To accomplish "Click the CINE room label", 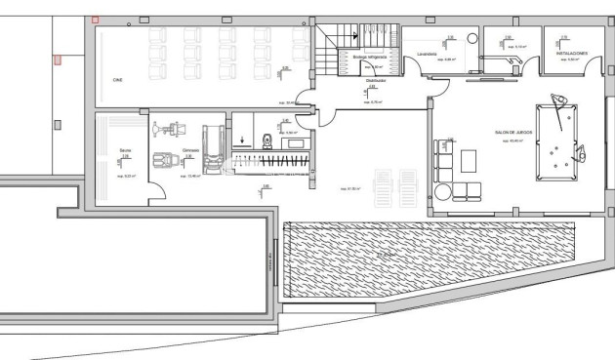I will point(117,80).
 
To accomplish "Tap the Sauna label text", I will point(125,150).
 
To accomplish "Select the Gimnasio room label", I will point(190,150).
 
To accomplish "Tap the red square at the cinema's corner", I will point(94,20).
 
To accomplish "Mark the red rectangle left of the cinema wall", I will point(58,60).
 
